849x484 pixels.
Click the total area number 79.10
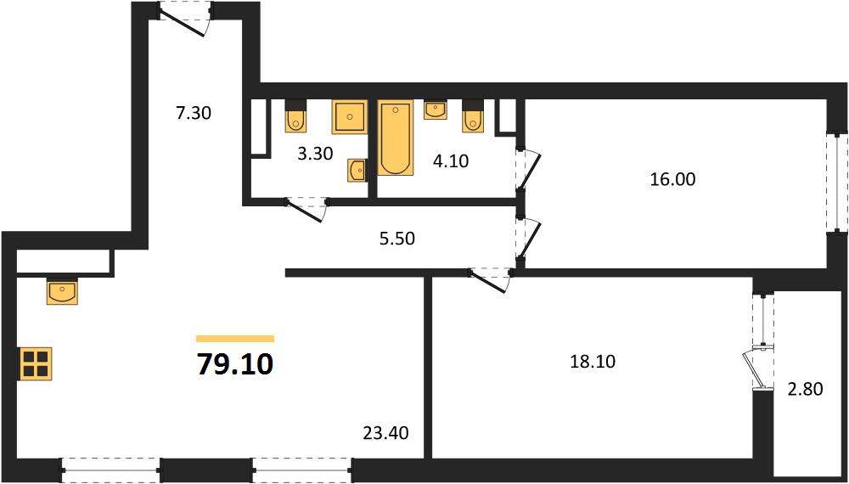coord(235,364)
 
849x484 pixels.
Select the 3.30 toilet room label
coord(315,154)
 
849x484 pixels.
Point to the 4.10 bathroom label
coord(450,160)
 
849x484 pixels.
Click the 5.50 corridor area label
coord(396,239)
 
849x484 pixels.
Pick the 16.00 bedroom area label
coord(672,179)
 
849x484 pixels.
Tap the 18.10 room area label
coord(593,362)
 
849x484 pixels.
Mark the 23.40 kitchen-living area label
coord(386,432)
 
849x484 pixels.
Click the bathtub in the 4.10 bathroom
coord(396,138)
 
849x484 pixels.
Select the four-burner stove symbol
coord(36,363)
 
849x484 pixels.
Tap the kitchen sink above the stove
coord(62,291)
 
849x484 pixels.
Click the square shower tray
coord(349,117)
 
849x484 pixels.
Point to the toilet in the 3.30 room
coord(295,115)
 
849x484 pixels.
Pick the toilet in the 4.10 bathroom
coord(472,115)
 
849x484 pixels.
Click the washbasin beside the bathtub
coord(436,110)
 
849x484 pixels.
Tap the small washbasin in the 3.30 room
coord(357,171)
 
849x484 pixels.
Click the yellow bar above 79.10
coord(235,339)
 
